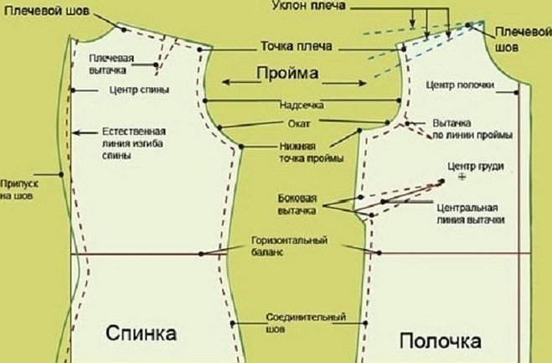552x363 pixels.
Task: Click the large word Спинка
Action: (x=142, y=333)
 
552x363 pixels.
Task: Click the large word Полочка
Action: (x=440, y=341)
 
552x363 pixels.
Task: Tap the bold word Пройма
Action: (x=288, y=74)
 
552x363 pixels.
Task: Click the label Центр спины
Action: (x=139, y=89)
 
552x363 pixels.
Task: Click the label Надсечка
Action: (x=302, y=106)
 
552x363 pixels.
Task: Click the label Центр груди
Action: (x=476, y=165)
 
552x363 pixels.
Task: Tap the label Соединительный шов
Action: (x=306, y=323)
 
